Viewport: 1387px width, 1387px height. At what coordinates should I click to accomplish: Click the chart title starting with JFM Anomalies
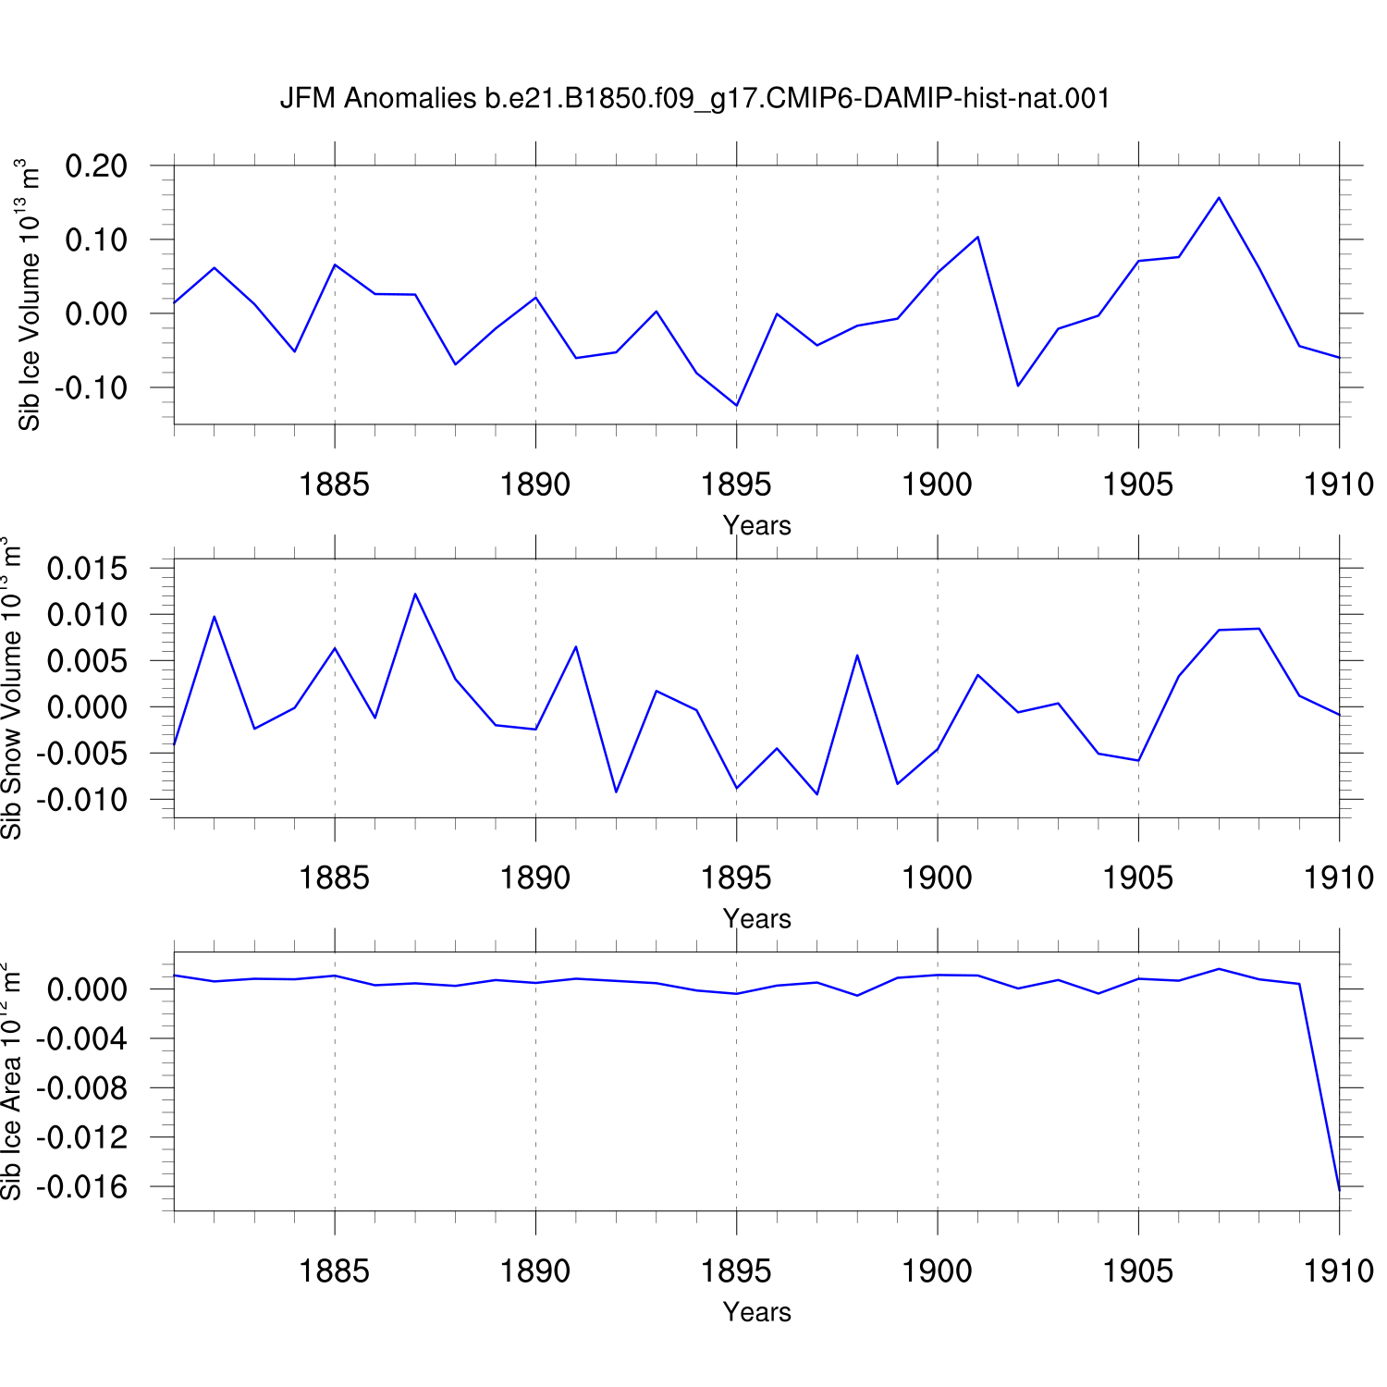694,98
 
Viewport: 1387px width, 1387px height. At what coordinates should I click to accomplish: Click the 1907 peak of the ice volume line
1219,197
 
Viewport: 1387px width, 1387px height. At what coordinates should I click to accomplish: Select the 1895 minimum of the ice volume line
736,405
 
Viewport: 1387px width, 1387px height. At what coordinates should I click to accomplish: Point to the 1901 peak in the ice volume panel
977,237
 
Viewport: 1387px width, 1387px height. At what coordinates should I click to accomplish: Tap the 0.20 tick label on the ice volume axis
96,166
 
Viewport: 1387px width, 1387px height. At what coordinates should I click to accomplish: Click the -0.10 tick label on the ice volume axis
91,388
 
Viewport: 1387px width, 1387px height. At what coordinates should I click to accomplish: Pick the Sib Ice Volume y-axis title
29,295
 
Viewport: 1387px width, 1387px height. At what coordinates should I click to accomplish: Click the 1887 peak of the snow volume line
415,594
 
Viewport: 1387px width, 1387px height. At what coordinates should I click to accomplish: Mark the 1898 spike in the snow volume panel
857,655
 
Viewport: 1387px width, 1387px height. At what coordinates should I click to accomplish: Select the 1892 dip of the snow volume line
616,792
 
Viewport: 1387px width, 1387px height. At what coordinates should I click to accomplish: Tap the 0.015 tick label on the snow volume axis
88,569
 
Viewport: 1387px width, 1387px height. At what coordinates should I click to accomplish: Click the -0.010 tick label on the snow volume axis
82,800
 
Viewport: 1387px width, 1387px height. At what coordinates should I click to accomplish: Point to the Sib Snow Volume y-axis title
11,689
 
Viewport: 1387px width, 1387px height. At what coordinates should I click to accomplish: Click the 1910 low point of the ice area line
1338,1188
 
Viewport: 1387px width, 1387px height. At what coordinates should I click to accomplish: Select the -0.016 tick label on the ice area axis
82,1187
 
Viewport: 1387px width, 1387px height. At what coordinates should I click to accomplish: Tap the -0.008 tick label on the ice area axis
82,1088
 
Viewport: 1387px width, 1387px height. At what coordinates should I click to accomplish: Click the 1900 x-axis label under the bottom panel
938,1271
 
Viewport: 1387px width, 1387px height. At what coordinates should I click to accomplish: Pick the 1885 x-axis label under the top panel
335,485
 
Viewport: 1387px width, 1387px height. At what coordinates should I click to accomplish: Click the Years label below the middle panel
757,919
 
